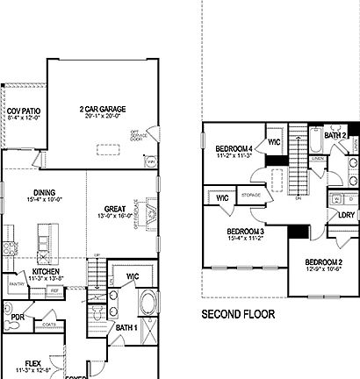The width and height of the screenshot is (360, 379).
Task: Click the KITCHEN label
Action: point(45,272)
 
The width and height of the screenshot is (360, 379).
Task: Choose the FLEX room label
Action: point(32,361)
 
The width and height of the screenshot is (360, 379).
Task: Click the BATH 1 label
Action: point(126,327)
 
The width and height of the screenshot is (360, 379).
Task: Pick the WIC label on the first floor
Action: point(133,277)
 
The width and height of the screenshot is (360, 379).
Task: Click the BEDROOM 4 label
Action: point(234,149)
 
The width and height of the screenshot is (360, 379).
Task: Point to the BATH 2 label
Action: point(335,136)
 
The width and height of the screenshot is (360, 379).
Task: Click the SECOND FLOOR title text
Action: point(238,313)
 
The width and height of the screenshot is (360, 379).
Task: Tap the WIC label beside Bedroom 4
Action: point(274,141)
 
